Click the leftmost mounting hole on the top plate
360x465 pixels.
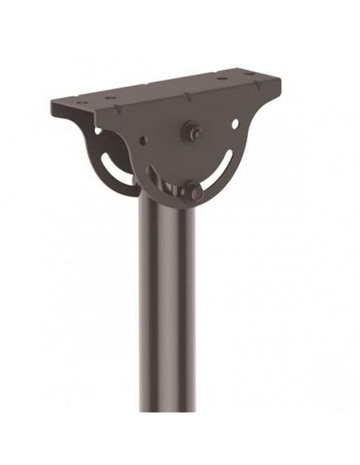(80, 101)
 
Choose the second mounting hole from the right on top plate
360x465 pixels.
(221, 79)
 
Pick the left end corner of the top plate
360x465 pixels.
(52, 103)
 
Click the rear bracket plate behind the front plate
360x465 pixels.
(96, 143)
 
